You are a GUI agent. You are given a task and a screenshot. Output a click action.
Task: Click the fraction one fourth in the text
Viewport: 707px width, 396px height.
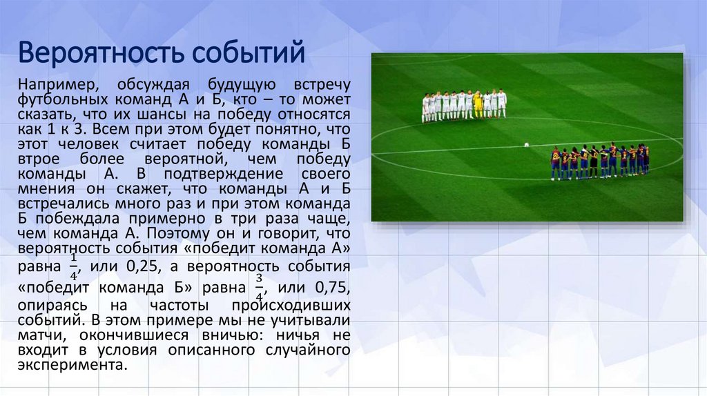pyautogui.click(x=75, y=265)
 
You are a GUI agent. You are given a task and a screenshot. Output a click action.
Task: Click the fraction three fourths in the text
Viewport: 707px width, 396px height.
pyautogui.click(x=260, y=286)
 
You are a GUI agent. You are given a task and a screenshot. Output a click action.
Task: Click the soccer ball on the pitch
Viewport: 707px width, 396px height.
pyautogui.click(x=526, y=145)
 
